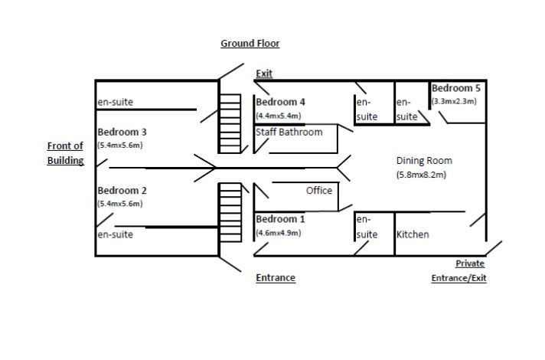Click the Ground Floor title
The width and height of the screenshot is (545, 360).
point(250,44)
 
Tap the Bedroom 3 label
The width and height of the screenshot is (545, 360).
point(122,132)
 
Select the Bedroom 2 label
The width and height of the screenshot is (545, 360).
point(122,191)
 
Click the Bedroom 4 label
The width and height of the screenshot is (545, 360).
point(280,102)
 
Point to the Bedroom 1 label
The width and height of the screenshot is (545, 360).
point(280,219)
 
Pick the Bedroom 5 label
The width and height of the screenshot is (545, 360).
point(457,88)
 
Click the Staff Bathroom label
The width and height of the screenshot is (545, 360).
point(289,132)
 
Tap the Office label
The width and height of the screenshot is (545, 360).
point(319,190)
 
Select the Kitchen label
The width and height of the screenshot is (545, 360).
point(413,234)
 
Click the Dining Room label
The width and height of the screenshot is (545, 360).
point(424,161)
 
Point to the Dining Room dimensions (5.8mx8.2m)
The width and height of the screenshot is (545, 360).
point(421,175)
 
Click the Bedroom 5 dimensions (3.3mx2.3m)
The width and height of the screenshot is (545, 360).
point(454,101)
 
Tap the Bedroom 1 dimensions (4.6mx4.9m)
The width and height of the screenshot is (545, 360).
point(279,232)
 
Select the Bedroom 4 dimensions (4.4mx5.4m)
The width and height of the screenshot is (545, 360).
point(279,116)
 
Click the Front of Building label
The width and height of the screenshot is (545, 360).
point(65,153)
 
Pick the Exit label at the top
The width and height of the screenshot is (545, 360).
point(264,74)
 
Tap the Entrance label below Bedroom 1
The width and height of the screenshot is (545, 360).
point(276,278)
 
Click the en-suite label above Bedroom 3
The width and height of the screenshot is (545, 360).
point(115,102)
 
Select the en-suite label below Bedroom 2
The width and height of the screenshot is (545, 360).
point(115,234)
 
